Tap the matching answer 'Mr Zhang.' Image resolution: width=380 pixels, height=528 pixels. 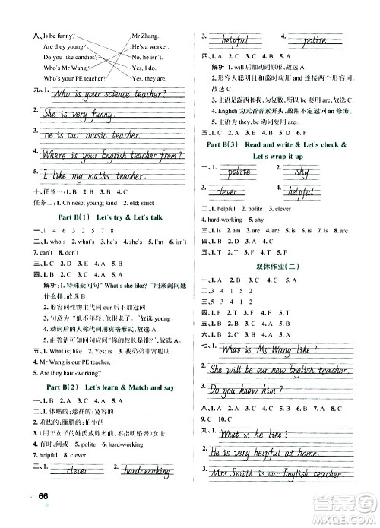(x=147, y=35)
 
